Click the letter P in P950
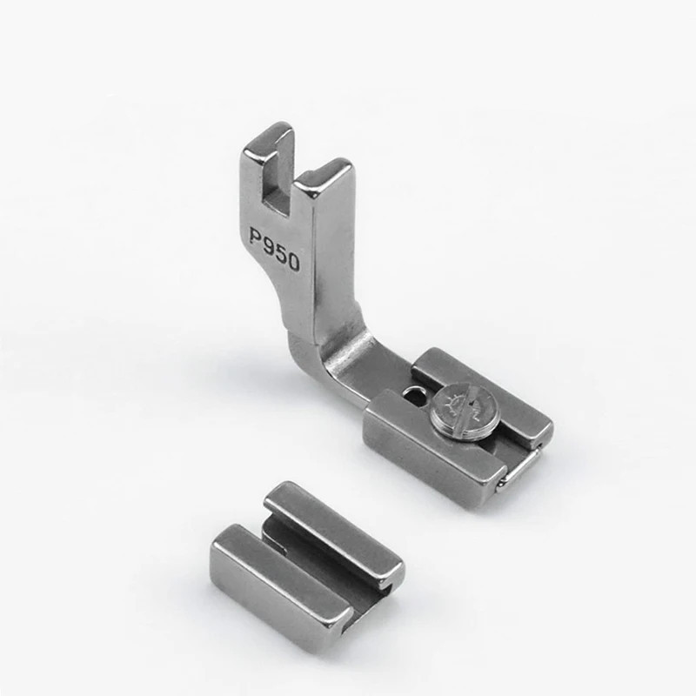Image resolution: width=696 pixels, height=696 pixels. (x=255, y=237)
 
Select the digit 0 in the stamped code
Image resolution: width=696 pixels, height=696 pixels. (x=292, y=263)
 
